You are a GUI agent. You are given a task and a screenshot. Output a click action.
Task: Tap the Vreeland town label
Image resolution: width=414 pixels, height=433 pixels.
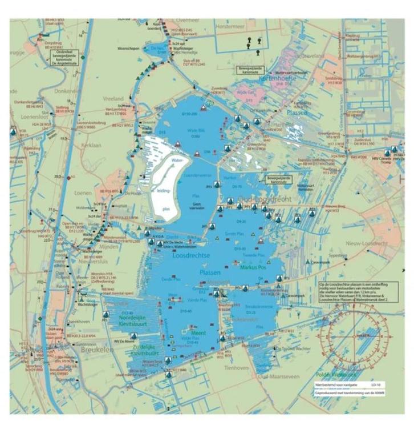(x=113, y=98)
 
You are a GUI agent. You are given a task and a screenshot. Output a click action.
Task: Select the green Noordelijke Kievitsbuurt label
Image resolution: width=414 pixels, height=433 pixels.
(x=127, y=322)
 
